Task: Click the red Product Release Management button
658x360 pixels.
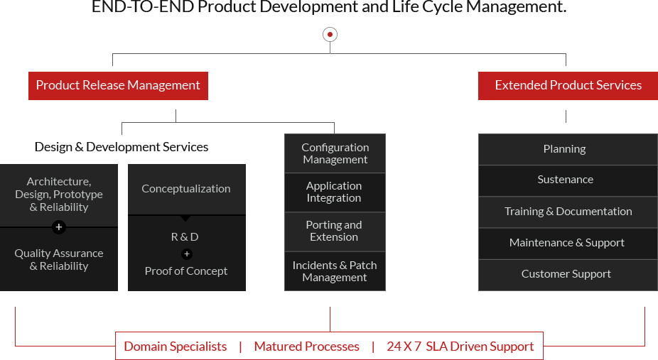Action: [118, 85]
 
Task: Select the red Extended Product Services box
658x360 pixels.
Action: [568, 85]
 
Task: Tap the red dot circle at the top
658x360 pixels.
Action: [330, 34]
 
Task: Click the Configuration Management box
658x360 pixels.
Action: [335, 153]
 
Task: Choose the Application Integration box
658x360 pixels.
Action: [335, 192]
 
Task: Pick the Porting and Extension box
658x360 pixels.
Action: [335, 231]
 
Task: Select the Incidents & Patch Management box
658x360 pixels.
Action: [335, 271]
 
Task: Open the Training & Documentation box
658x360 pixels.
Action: [568, 212]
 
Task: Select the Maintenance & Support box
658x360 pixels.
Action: [567, 243]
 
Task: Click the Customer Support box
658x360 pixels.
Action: [566, 274]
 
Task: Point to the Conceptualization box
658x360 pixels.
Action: [186, 189]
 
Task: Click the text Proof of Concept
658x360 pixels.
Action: [186, 271]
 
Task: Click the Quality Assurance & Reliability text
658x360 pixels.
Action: [59, 260]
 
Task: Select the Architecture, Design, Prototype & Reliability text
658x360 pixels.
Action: [59, 195]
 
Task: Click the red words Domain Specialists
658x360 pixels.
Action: [176, 347]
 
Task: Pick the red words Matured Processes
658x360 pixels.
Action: [306, 347]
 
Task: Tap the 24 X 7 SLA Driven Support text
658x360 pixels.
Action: [460, 347]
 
